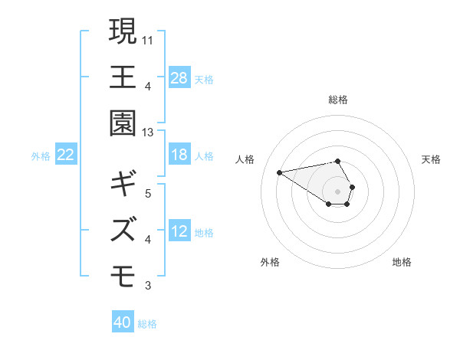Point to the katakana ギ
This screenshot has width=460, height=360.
click(123, 184)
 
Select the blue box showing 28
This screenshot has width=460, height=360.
click(179, 78)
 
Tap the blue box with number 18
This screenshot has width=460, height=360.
click(179, 155)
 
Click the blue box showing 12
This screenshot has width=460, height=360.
click(179, 231)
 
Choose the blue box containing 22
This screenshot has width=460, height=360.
click(66, 155)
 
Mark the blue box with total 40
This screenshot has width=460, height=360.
click(123, 322)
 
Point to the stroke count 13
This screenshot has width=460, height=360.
click(149, 132)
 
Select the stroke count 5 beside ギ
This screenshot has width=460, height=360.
click(147, 192)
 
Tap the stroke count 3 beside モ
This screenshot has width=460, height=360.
click(147, 286)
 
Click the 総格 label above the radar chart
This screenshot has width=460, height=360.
click(338, 100)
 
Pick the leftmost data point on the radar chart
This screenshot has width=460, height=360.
click(280, 172)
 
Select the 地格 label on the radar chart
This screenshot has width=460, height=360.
click(402, 262)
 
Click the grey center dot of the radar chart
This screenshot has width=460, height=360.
click(338, 191)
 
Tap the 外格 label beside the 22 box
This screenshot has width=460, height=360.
click(41, 156)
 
